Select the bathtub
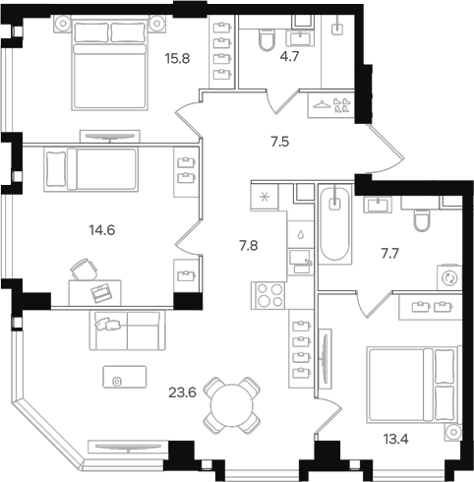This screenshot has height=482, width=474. [334, 225]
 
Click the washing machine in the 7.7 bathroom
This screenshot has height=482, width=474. [450, 277]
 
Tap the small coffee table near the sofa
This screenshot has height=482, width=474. [118, 380]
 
